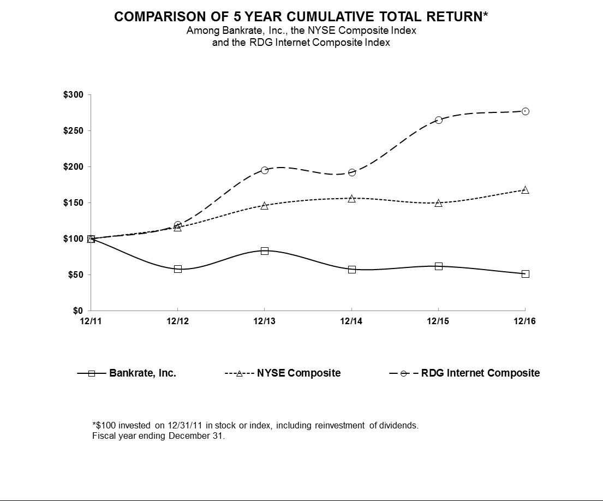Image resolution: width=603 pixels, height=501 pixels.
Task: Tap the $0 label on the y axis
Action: [78, 311]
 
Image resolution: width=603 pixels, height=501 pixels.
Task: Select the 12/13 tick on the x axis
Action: [265, 321]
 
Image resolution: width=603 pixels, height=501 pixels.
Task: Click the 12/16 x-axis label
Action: [525, 321]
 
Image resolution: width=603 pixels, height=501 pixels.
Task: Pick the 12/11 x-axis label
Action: [91, 321]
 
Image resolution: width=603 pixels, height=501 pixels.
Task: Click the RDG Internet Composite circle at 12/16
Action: [525, 111]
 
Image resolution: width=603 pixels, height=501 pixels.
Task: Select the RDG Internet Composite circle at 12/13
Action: [265, 170]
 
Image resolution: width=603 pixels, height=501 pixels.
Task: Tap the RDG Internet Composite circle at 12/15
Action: [438, 120]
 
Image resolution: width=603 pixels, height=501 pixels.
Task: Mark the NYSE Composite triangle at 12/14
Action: [351, 199]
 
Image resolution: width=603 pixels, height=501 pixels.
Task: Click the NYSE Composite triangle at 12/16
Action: [525, 190]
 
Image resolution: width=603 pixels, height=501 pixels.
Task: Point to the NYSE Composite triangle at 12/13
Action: [265, 206]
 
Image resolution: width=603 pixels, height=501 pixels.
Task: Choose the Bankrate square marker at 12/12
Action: [178, 269]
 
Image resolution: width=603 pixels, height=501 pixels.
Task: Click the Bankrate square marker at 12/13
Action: [265, 251]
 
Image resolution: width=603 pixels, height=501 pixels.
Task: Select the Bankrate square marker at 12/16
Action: [525, 274]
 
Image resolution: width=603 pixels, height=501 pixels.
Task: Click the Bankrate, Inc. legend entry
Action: [142, 373]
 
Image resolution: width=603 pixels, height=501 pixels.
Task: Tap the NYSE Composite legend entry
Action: [298, 373]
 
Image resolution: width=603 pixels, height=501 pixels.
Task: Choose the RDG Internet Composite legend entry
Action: [480, 373]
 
